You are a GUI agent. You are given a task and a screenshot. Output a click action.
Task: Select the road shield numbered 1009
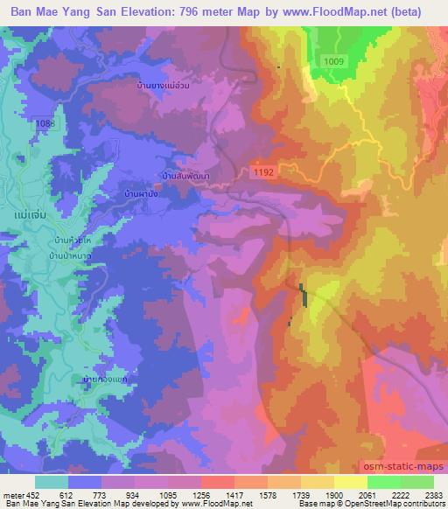tap(332, 60)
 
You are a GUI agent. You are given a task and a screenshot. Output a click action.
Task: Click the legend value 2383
tap(432, 495)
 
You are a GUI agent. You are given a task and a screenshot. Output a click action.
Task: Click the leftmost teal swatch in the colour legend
tap(52, 482)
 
